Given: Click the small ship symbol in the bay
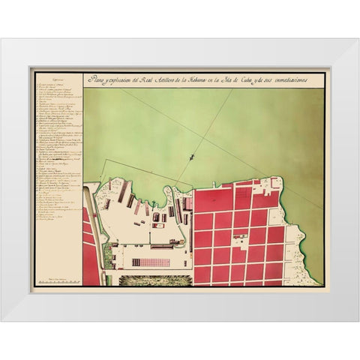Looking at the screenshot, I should (192, 157).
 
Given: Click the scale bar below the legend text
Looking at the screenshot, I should (58, 280).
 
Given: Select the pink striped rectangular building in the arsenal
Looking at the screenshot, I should (151, 262).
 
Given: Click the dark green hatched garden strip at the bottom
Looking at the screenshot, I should (149, 280).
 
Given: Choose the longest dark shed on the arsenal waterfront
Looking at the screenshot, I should (121, 190).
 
